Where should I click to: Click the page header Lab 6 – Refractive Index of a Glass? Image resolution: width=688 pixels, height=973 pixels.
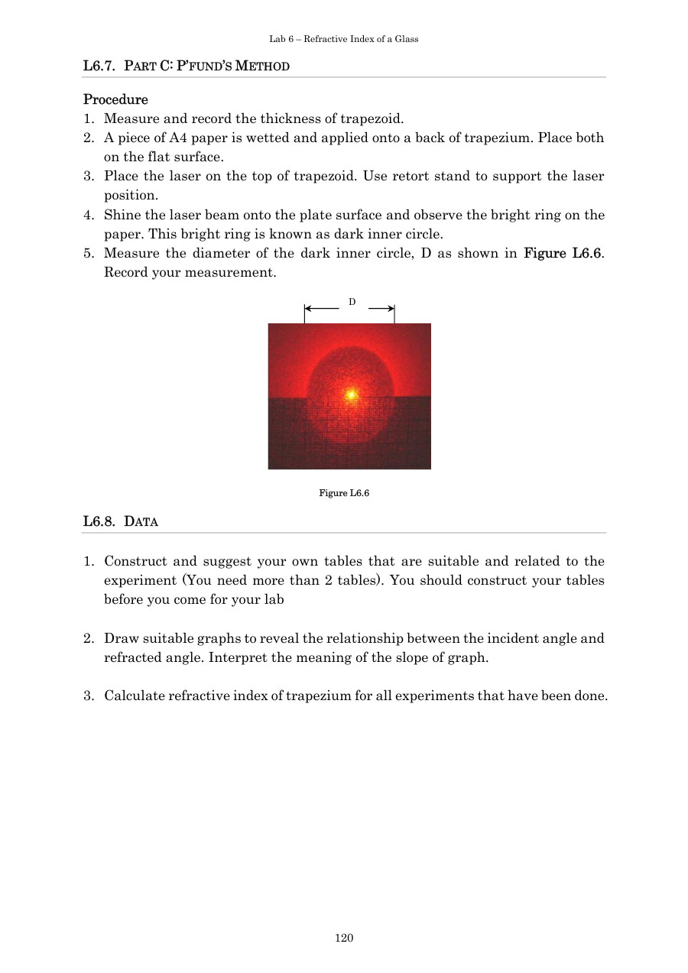[x=343, y=39]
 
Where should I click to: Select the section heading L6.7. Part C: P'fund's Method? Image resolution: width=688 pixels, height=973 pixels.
[x=186, y=66]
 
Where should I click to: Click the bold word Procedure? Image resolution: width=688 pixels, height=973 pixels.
[x=115, y=99]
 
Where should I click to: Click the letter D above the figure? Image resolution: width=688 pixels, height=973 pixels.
[x=352, y=302]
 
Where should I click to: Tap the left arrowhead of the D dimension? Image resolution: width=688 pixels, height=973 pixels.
[x=307, y=309]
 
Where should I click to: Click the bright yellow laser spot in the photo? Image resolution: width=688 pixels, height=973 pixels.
[x=351, y=395]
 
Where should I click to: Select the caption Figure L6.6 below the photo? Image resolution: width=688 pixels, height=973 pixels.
[x=344, y=493]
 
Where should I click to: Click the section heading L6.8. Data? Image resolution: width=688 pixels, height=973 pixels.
[x=120, y=522]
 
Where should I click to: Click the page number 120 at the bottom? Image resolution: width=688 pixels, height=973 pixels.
[x=344, y=938]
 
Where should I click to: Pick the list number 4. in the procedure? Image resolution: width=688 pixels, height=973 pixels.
[x=89, y=216]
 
